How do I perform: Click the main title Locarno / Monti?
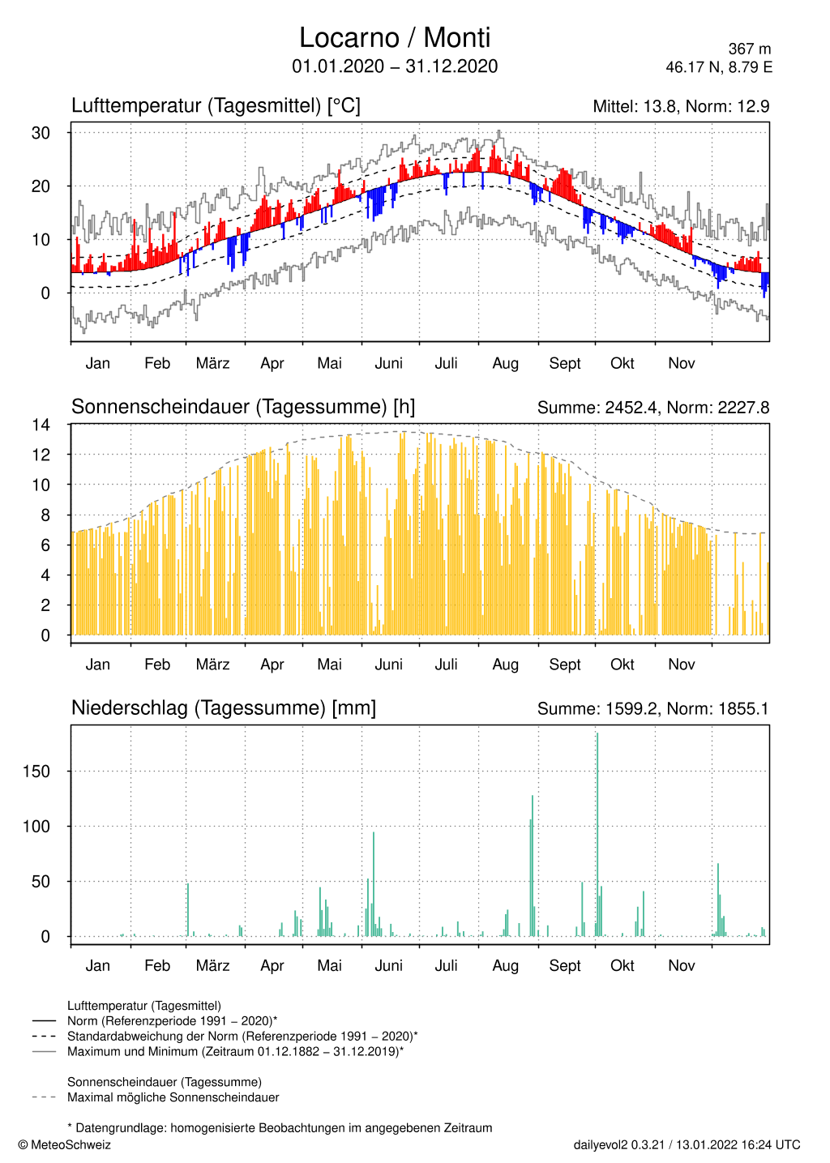pos(395,38)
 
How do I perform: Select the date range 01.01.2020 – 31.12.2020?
pos(395,66)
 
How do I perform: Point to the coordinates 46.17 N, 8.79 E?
pos(719,67)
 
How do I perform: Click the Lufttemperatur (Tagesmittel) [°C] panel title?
pos(216,106)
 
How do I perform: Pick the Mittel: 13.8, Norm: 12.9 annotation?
pos(681,106)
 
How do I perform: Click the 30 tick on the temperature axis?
pos(41,133)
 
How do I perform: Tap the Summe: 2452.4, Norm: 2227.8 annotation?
pos(653,408)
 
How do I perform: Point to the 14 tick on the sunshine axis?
pos(41,425)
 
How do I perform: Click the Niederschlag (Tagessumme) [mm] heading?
pos(224,708)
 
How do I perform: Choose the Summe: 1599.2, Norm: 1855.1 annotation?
pos(653,709)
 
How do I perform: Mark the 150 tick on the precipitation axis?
pos(36,772)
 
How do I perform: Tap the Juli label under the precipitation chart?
pos(446,965)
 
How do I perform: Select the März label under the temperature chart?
pos(212,363)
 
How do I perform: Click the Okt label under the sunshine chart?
pos(622,665)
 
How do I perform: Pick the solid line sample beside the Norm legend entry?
pos(44,1021)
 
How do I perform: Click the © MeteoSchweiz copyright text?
pos(65,1145)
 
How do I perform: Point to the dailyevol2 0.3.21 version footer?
pos(619,1145)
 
